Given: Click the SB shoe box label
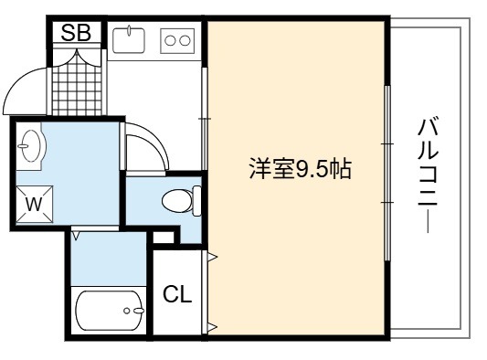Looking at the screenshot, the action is click(76, 33).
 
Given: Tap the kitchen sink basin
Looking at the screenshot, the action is click(129, 40).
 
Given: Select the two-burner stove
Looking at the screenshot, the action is click(177, 41).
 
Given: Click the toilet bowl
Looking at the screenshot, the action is click(177, 200).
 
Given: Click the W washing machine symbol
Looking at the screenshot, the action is click(34, 205).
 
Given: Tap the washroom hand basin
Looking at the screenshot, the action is click(31, 145).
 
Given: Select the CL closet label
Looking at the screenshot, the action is click(177, 294).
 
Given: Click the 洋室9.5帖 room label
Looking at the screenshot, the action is click(301, 169).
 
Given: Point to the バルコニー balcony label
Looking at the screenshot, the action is click(428, 175).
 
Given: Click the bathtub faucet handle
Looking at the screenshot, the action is click(139, 311).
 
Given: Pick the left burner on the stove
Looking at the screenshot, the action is click(170, 41).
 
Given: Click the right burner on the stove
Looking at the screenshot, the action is click(185, 41).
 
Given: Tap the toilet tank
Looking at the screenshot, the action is click(197, 201).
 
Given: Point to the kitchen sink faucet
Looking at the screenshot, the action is click(129, 30).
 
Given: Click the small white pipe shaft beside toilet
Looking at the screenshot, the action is click(164, 238).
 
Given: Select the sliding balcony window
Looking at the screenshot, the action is click(387, 173).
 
